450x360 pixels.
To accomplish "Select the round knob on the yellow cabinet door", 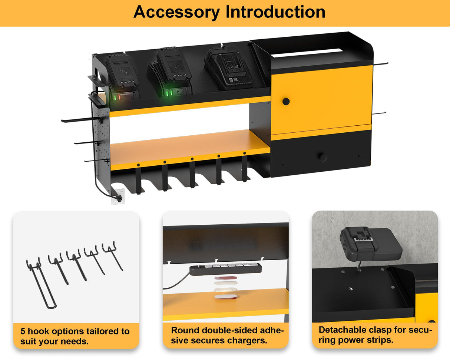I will [286, 101].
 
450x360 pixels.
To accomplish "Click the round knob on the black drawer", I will [322, 157].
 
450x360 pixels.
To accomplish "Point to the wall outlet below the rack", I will [118, 197].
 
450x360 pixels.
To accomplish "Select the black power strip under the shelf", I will [225, 269].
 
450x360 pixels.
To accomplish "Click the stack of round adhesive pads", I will [225, 287].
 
